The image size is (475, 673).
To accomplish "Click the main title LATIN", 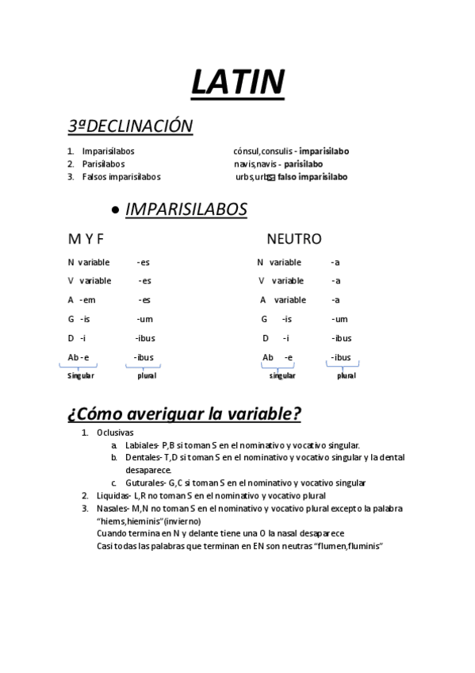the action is click(x=238, y=82).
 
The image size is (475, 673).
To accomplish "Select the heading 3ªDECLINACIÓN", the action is click(x=131, y=126).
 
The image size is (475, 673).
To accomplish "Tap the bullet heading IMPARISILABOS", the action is click(x=186, y=209).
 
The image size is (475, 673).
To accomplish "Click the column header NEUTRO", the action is click(x=294, y=239).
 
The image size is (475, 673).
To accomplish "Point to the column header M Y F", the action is click(x=86, y=239).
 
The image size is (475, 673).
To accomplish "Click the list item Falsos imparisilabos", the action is click(x=121, y=176).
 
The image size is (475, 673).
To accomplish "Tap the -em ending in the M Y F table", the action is click(x=87, y=300).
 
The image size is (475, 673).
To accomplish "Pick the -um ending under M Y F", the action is click(x=144, y=319).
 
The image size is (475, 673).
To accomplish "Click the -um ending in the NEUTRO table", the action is click(x=339, y=319).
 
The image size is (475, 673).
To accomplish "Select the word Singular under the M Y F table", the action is click(x=79, y=375).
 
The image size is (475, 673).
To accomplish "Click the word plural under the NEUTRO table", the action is click(x=346, y=375).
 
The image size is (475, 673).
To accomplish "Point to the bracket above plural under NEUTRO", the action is click(x=343, y=365).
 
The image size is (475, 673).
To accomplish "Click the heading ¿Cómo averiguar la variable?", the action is click(x=184, y=413).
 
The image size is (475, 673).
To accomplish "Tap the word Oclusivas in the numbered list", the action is click(x=116, y=433).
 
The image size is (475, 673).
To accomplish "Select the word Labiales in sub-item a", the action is click(x=141, y=445).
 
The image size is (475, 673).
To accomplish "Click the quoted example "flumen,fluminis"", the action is click(x=338, y=545).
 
